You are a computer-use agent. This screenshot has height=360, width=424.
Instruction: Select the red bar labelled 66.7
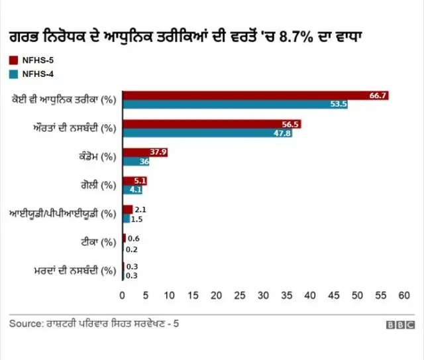click(x=255, y=95)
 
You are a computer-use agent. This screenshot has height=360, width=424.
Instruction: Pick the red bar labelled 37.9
click(x=145, y=152)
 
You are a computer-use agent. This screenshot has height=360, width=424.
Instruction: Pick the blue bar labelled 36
click(x=136, y=161)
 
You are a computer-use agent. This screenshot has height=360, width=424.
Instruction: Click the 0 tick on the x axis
click(x=123, y=294)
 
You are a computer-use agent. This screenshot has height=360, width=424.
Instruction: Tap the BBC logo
click(x=400, y=325)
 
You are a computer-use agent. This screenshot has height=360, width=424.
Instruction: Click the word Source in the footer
click(x=23, y=324)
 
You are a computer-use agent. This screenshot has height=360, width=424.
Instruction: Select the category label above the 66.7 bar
click(x=64, y=100)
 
